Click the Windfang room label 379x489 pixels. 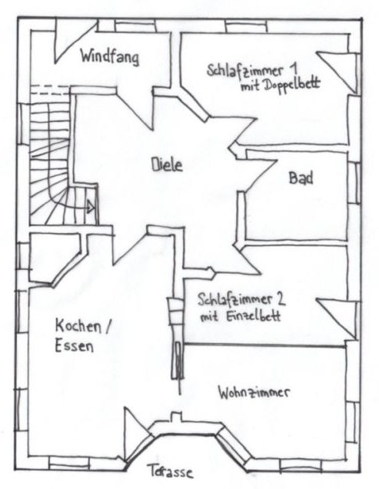click(109, 57)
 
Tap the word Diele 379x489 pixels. click(167, 164)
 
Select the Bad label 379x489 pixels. click(301, 178)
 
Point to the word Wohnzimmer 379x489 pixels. click(254, 392)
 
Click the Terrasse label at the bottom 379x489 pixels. click(170, 471)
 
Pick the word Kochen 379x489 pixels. click(78, 326)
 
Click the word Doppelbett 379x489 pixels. click(292, 85)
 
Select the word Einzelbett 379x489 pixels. click(252, 316)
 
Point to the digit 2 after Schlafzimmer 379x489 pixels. click(281, 299)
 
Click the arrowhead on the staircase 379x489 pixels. click(91, 207)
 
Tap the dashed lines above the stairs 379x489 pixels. click(50, 89)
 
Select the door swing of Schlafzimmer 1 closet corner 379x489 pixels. click(338, 71)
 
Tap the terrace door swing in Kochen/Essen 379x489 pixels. click(138, 435)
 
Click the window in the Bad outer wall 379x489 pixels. click(354, 182)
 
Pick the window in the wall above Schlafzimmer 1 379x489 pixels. click(247, 26)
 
